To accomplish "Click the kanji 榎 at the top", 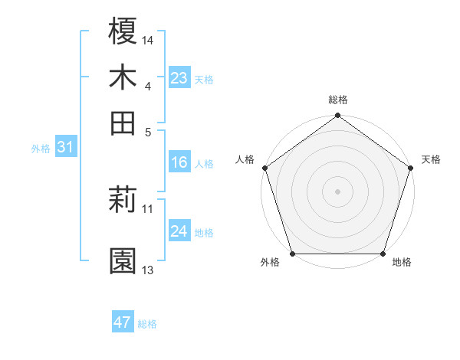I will coord(123,32).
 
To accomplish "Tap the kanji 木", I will coord(123,77).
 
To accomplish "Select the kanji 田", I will coord(123,123).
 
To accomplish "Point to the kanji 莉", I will coord(123,201).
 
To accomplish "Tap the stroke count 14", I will coord(148,40).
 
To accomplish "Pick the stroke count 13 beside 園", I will coord(148,270).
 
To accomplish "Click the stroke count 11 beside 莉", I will coord(148,208).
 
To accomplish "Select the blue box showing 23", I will coord(179,77).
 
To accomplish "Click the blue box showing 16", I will coord(179,162).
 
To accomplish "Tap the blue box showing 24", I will coord(179,231).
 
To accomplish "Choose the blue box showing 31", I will coord(65,147).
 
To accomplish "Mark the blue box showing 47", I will coord(123,322).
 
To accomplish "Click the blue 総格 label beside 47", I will coord(147,324).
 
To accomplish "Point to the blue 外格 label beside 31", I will coord(41,149).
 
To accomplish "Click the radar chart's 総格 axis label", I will coord(337,100).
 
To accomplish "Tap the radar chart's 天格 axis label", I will coord(431,159).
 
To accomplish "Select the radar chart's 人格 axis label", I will coord(245,159).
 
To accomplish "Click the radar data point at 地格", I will coord(383,254).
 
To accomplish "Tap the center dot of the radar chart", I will coord(337,191).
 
